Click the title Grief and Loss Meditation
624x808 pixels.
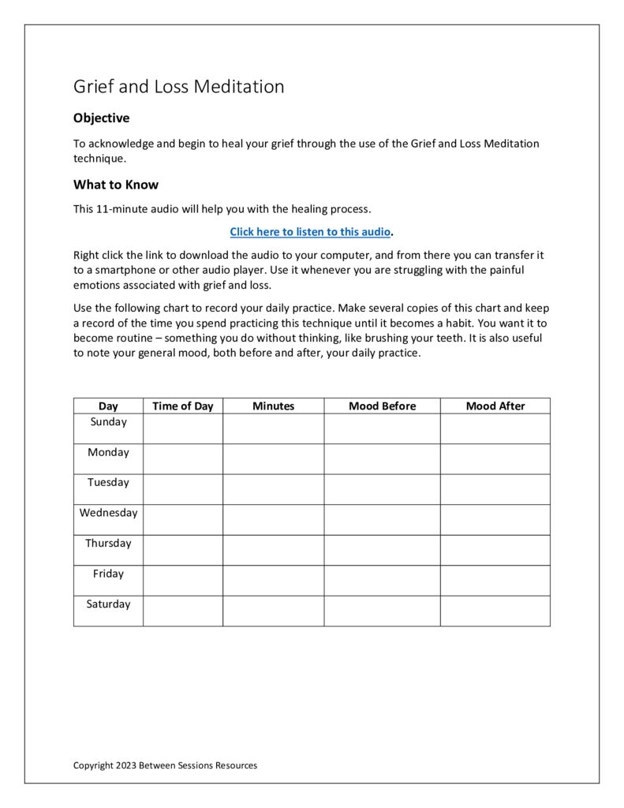coord(178,87)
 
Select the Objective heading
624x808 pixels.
coord(101,118)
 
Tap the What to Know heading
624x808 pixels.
coord(116,185)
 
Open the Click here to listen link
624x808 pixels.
coord(310,232)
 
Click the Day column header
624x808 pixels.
coord(108,406)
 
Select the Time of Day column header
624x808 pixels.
coord(182,406)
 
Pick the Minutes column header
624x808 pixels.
coord(273,406)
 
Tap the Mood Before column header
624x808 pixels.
coord(382,406)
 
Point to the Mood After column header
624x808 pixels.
coord(495,406)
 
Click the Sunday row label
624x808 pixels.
coord(108,422)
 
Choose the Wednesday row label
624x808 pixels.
coord(108,513)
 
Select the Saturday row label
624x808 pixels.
coord(108,604)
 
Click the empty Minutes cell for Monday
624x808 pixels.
coord(273,458)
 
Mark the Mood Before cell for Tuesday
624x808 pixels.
coord(382,489)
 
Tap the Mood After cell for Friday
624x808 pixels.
coord(495,580)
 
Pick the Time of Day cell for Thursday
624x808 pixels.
coord(182,550)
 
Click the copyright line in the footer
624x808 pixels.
coord(165,765)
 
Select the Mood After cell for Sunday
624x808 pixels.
coord(495,428)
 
